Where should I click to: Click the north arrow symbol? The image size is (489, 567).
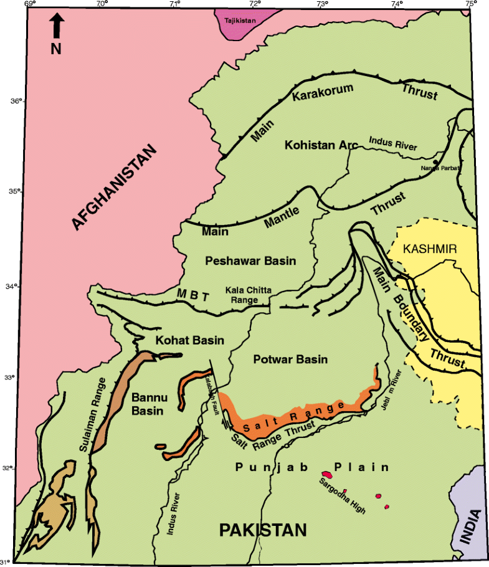click(56, 26)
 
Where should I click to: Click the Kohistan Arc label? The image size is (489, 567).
click(321, 145)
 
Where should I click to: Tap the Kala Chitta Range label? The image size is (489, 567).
click(244, 295)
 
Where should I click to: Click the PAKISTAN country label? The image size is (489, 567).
click(262, 530)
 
